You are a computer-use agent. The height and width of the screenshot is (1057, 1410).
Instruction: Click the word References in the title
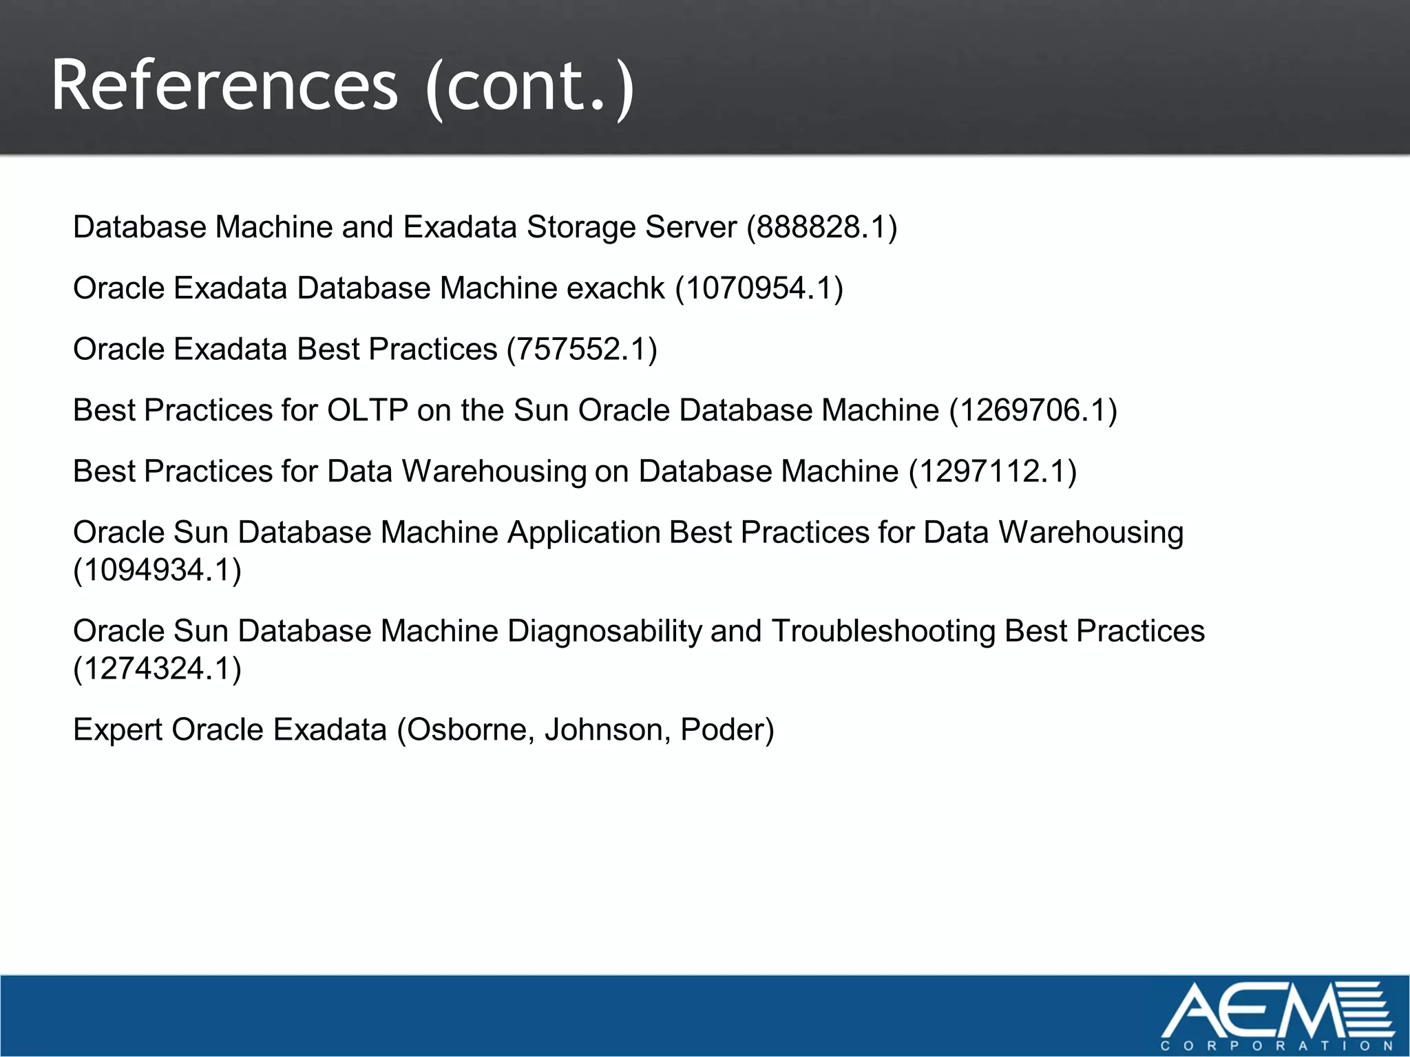(224, 85)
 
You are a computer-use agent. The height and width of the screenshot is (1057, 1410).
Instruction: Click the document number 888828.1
(822, 227)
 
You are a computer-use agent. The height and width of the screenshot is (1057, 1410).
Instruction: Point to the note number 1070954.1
(759, 288)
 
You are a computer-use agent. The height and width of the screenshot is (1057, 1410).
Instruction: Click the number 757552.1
(582, 350)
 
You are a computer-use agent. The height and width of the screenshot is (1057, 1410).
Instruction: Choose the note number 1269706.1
(1033, 411)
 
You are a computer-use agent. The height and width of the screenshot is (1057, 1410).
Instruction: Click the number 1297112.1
(992, 472)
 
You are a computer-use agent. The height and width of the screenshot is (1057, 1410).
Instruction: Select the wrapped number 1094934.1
(158, 570)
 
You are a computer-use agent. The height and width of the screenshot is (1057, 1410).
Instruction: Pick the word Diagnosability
(604, 631)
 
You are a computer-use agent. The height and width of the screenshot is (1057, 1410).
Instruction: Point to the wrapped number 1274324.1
(158, 669)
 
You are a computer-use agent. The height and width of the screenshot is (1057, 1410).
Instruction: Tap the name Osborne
(470, 730)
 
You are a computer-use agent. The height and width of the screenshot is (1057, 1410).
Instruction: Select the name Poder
(722, 730)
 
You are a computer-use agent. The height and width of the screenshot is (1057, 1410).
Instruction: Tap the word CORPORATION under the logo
(1277, 1046)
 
